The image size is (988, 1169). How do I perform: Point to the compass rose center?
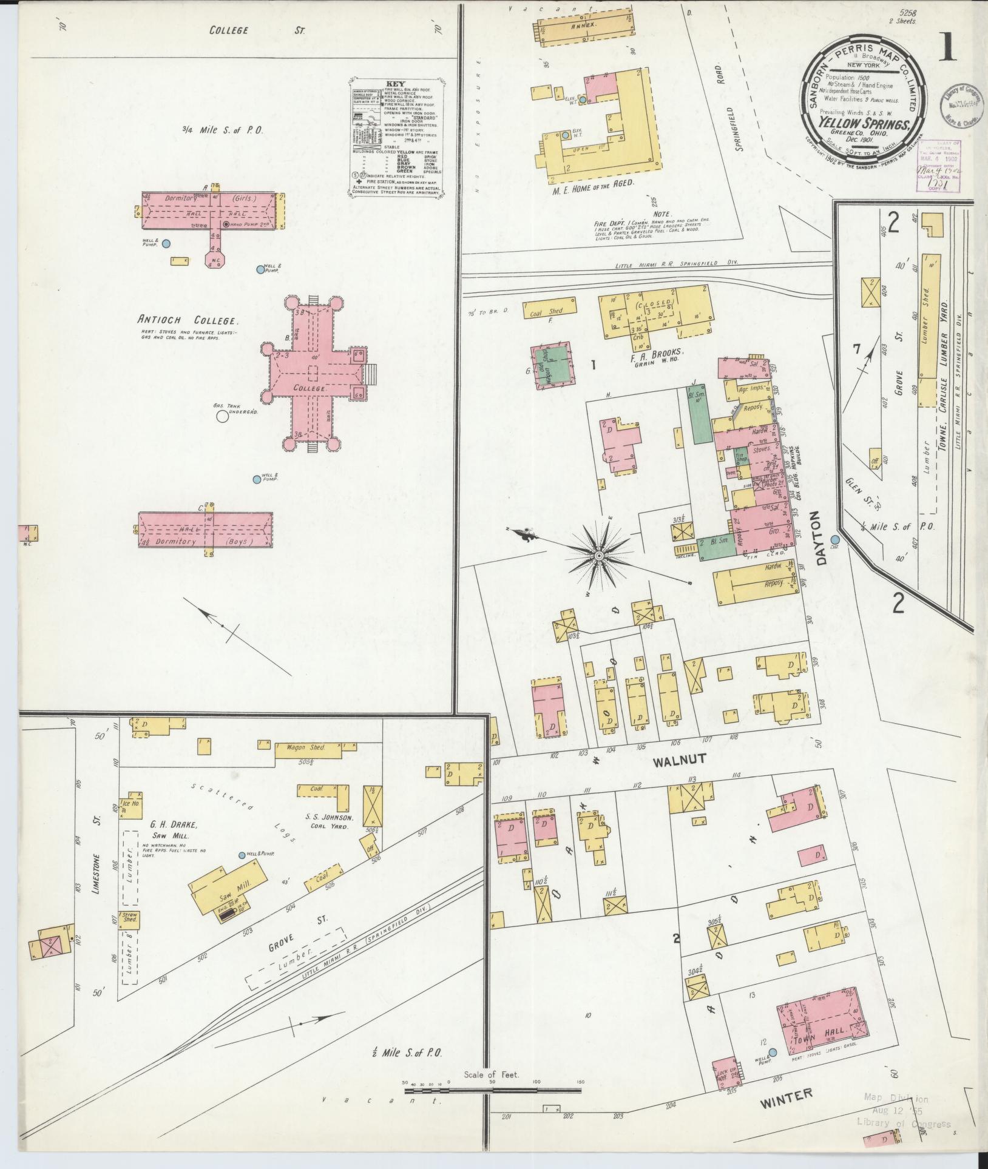click(x=599, y=556)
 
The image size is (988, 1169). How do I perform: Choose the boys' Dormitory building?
click(x=205, y=530)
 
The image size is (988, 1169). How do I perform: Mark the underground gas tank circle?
click(x=222, y=416)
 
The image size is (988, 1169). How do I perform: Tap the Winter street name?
click(x=786, y=1095)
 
